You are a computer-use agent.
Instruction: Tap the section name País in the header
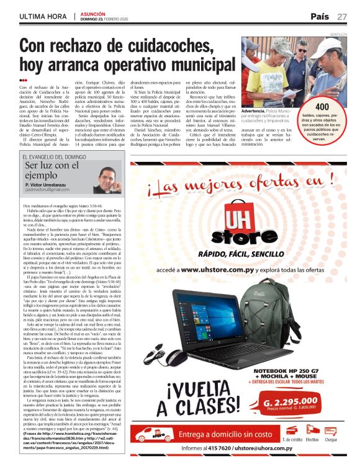(x=320, y=16)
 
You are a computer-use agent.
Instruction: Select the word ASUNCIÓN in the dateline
(x=92, y=12)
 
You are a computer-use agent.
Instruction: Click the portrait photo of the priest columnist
(x=107, y=177)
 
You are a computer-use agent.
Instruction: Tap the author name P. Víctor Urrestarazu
(x=49, y=185)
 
